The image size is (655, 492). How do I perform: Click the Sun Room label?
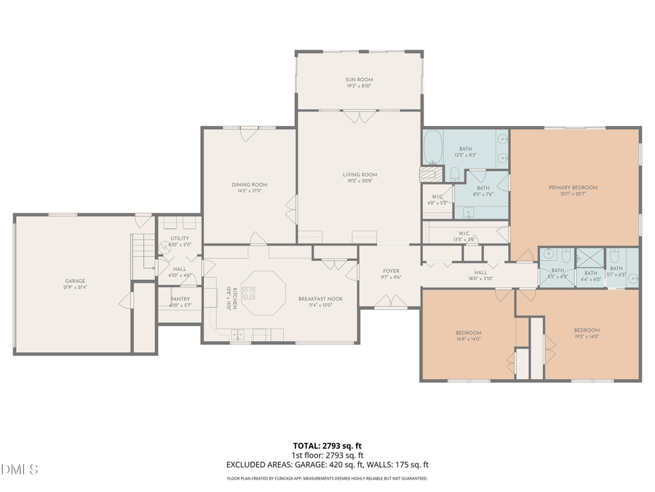coord(359,79)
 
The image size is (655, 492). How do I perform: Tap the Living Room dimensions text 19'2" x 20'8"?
coord(360,180)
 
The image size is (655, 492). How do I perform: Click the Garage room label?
coord(75,281)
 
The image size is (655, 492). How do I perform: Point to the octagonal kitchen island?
coord(258,293)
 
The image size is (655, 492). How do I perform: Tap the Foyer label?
coord(392,271)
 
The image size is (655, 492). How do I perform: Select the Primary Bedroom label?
coord(573,187)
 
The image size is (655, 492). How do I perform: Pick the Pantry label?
coord(180,299)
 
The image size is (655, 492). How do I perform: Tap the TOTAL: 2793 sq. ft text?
coord(327,445)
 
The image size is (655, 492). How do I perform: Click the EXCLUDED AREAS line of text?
coord(327,464)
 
